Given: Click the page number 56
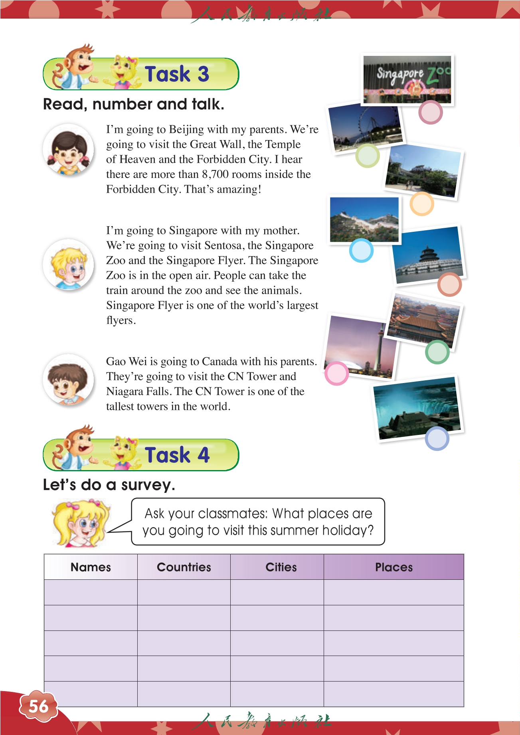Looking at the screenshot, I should pyautogui.click(x=38, y=706).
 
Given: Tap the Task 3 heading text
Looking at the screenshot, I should pyautogui.click(x=177, y=74).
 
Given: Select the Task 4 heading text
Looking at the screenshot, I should pyautogui.click(x=177, y=455).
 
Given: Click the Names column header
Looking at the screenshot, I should pyautogui.click(x=91, y=567).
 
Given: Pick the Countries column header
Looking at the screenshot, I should pyautogui.click(x=184, y=567).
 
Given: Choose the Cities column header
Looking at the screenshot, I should pyautogui.click(x=281, y=567).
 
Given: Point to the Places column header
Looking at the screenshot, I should pyautogui.click(x=393, y=567).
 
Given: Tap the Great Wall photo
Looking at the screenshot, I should pyautogui.click(x=364, y=219).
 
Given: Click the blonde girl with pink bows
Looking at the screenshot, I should pyautogui.click(x=80, y=523).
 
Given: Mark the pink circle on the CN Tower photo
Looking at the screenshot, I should pyautogui.click(x=336, y=373).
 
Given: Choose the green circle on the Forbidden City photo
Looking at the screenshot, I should pyautogui.click(x=437, y=352).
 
